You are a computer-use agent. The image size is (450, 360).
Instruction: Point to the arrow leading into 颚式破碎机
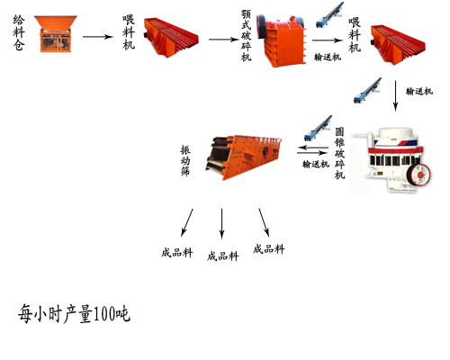click(x=220, y=39)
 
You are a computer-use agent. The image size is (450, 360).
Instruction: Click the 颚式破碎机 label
click(x=247, y=36)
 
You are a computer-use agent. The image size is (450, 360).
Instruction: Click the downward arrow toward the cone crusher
click(x=396, y=96)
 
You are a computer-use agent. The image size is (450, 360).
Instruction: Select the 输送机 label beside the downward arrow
click(x=418, y=92)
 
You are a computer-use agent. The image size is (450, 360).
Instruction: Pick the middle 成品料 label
click(x=222, y=256)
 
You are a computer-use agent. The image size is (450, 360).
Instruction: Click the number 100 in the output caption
click(x=103, y=315)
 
